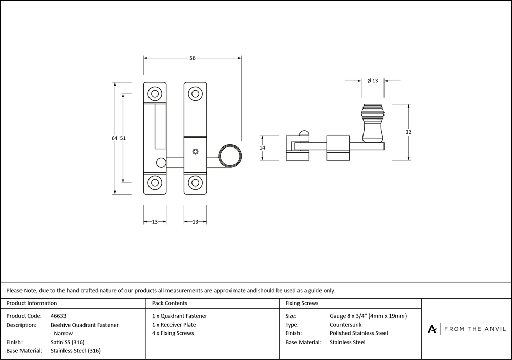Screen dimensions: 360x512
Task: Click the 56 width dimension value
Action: pos(193,58)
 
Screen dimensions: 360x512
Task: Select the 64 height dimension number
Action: pos(114,138)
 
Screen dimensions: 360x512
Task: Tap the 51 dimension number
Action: pos(123,138)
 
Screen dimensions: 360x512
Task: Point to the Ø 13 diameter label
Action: pos(372,80)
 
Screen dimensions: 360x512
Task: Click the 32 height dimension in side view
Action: pos(408,132)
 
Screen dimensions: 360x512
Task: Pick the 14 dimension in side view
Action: pos(262,147)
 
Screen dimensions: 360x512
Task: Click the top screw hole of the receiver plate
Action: pos(154,93)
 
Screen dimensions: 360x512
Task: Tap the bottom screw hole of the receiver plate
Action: pos(154,183)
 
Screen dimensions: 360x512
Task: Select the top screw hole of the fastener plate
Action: pos(195,93)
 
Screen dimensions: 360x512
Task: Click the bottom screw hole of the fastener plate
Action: pos(195,183)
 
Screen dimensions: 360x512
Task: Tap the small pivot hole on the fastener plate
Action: pos(195,152)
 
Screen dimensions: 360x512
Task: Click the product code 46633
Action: pos(58,316)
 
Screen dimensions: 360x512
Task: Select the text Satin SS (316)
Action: pos(68,342)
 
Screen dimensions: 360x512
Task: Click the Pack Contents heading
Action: pos(169,303)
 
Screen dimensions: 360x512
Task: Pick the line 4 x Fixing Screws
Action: pos(173,333)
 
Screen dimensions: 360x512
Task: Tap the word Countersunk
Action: pos(345,325)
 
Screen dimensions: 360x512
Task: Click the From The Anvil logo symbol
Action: pos(433,329)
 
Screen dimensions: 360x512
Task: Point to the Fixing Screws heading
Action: pos(302,303)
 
